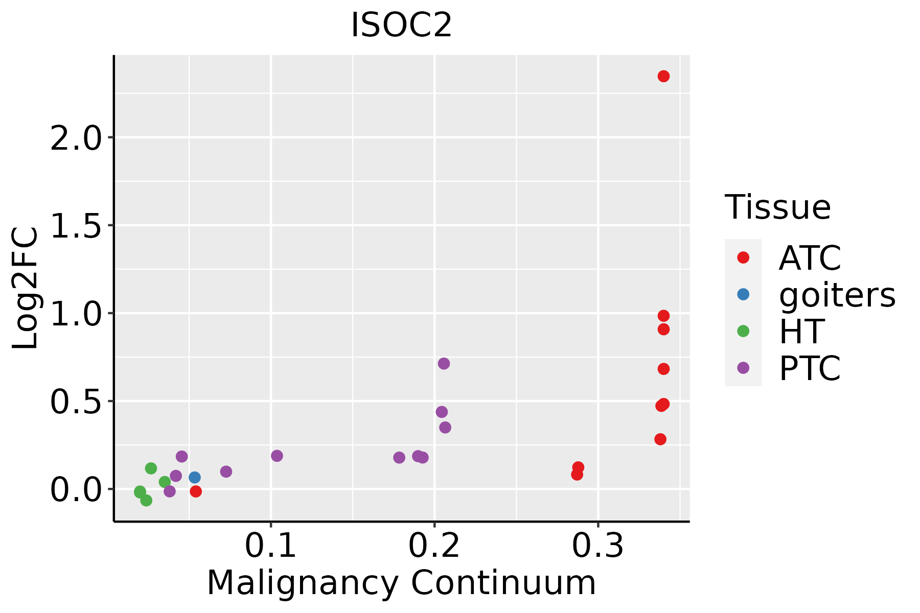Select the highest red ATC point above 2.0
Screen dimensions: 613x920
(x=663, y=76)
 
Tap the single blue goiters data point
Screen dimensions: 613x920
(x=195, y=477)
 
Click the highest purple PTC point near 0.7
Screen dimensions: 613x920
(x=444, y=363)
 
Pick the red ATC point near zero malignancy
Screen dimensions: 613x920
(x=196, y=491)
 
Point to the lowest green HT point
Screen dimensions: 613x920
(x=146, y=500)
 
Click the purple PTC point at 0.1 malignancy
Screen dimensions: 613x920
(x=277, y=456)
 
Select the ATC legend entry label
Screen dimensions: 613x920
(x=810, y=258)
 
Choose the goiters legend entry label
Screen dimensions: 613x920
(x=837, y=295)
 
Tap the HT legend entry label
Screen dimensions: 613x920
(x=801, y=332)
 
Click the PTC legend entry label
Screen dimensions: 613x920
(x=810, y=368)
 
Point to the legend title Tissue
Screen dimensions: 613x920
(x=777, y=207)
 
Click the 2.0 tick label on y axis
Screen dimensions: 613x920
(x=76, y=137)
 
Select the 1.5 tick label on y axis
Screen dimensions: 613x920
(x=76, y=225)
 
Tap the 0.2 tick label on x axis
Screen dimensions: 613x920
(x=434, y=546)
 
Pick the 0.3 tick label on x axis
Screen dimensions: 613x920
(x=597, y=546)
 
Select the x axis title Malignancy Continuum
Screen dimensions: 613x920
(x=401, y=583)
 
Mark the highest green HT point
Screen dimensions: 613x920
(x=151, y=468)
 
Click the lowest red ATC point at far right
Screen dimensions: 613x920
(x=660, y=439)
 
